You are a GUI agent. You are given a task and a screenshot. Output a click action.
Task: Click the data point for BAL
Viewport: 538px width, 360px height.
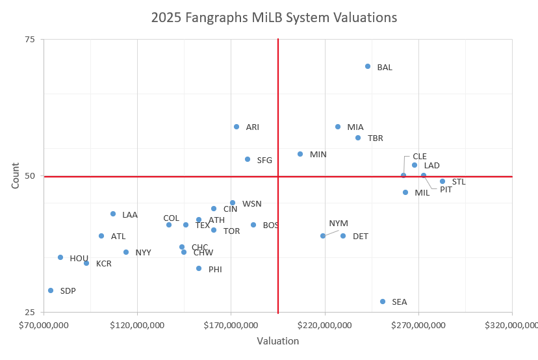368,66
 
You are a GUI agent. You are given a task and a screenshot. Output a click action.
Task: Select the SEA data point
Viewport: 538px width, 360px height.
383,302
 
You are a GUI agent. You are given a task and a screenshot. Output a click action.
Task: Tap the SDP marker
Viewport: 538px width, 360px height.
51,290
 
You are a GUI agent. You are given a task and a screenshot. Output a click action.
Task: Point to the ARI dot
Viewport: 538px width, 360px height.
237,127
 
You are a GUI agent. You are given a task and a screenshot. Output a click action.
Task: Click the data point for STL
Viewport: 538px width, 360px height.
442,181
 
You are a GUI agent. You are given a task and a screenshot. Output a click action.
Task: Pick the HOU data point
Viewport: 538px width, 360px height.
60,257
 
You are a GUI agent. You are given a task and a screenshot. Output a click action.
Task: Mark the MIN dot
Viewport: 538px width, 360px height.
300,154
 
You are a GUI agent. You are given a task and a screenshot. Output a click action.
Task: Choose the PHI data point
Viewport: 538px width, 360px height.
199,268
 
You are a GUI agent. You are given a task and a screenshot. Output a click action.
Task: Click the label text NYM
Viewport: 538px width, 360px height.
339,223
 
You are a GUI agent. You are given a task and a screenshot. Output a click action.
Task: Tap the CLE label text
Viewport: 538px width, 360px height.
420,156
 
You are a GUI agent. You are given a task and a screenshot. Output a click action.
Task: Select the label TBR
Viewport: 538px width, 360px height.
376,138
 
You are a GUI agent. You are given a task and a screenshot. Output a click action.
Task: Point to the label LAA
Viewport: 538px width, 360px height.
130,214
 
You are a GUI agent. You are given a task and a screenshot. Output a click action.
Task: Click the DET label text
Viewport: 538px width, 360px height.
361,236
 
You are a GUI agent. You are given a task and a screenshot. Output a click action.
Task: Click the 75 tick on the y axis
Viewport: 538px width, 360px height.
29,39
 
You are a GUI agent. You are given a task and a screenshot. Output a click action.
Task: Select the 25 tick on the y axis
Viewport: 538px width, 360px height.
29,312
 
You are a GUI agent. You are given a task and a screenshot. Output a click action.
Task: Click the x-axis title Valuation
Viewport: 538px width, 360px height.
277,341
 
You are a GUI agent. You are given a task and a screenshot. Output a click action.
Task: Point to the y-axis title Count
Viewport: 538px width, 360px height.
15,175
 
